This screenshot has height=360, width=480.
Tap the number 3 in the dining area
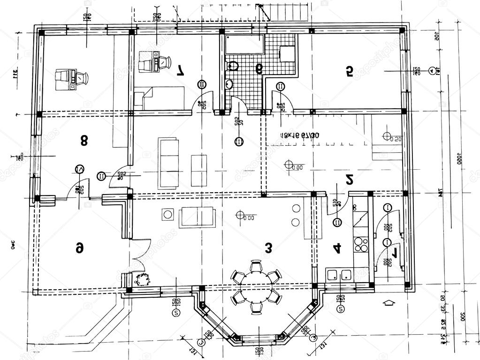[268, 248]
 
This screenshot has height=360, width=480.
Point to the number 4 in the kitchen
[336, 248]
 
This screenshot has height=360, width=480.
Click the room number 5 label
[349, 71]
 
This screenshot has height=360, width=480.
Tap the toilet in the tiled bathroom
[233, 66]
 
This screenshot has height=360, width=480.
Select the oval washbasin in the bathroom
[229, 85]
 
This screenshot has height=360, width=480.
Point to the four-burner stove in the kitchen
[361, 244]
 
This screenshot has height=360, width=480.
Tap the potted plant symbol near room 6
[141, 280]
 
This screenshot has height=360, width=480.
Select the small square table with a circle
[168, 215]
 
